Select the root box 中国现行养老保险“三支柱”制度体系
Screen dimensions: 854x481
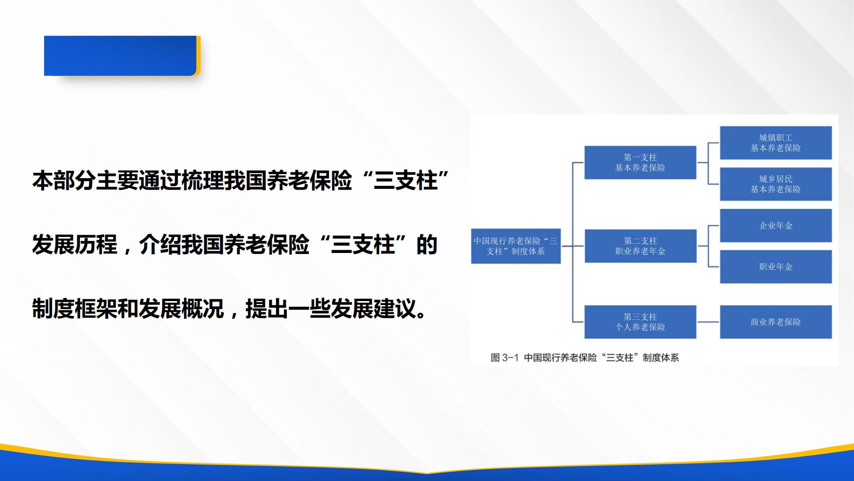(516, 246)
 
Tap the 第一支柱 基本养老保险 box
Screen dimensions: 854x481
(640, 163)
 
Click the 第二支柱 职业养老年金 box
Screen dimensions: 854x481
(640, 246)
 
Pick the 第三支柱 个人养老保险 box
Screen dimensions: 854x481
(640, 322)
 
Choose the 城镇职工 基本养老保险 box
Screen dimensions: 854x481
(776, 143)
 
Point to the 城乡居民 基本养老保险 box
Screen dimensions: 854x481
(776, 184)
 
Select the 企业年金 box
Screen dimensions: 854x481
(776, 225)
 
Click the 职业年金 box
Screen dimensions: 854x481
(776, 267)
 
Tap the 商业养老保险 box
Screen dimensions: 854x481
(776, 322)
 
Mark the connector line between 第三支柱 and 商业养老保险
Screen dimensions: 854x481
(708, 322)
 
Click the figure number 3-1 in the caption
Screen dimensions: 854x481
(511, 358)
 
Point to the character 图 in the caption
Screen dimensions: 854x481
(495, 358)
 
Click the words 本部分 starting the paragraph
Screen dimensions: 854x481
(64, 180)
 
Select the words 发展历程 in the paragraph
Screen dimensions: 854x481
(75, 245)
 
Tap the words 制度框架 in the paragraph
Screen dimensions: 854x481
(75, 308)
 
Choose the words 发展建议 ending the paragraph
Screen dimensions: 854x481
(374, 308)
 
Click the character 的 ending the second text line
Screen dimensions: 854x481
(427, 245)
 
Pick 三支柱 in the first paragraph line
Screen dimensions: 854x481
(406, 180)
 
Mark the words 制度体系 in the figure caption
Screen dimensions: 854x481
(661, 358)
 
